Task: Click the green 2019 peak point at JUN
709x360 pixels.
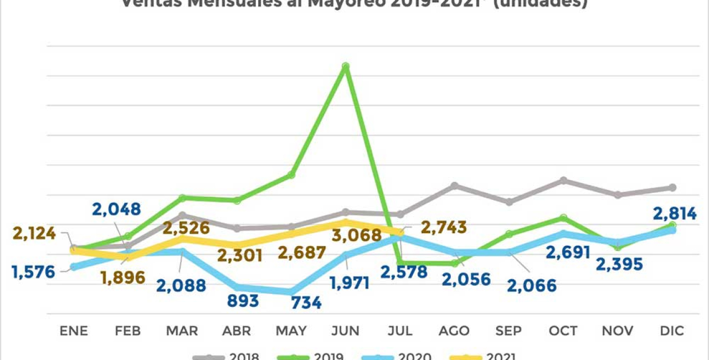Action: click(x=346, y=66)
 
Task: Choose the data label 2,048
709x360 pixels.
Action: click(x=116, y=209)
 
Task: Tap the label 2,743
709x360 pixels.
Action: click(x=444, y=227)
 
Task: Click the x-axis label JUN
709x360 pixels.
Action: click(x=346, y=331)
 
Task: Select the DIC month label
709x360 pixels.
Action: click(x=672, y=331)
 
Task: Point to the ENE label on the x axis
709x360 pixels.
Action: click(x=74, y=331)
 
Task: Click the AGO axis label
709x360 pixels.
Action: click(x=454, y=331)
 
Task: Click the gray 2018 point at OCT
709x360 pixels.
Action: click(x=563, y=181)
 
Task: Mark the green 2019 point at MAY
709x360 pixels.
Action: click(x=291, y=175)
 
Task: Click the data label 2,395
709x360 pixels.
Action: click(x=619, y=264)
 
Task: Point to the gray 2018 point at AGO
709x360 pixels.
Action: click(x=454, y=185)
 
